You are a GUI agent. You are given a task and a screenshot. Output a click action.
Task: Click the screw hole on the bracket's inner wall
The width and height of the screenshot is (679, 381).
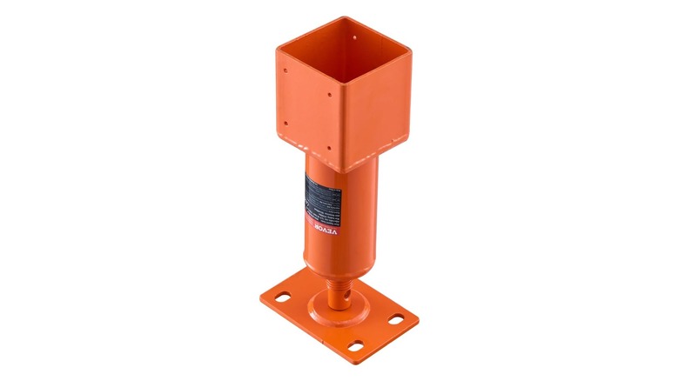[x=358, y=36]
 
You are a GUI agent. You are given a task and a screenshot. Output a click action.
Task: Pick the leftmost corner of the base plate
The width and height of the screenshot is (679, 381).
[x=259, y=296]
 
